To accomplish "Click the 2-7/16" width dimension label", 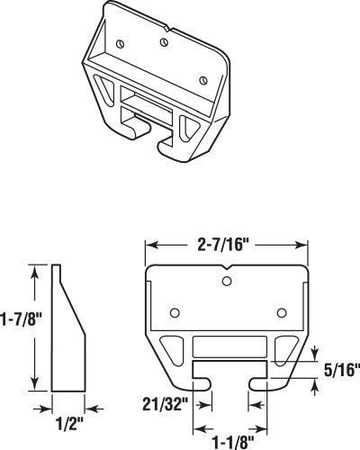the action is click(x=220, y=245).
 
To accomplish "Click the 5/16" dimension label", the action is click(x=342, y=370).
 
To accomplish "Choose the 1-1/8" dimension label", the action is click(x=233, y=442).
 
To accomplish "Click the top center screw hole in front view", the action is click(x=227, y=281).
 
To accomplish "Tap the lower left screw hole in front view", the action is click(x=175, y=313).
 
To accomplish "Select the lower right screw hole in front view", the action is click(x=282, y=313).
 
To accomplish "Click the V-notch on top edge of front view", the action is click(x=227, y=267).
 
